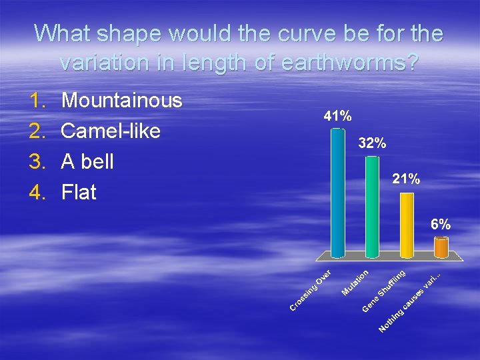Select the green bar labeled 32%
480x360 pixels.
[373, 207]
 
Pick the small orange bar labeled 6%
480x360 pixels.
[441, 247]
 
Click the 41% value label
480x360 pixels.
[337, 116]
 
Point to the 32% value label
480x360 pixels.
[372, 143]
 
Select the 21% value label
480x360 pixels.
[406, 179]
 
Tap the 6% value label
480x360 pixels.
[440, 225]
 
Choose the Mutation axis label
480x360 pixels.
[355, 282]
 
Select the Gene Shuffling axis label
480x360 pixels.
[384, 291]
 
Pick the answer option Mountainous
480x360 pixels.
[121, 101]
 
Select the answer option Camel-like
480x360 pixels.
[111, 131]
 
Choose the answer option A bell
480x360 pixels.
[87, 162]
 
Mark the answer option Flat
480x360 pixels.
[79, 193]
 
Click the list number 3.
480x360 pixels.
[37, 162]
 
